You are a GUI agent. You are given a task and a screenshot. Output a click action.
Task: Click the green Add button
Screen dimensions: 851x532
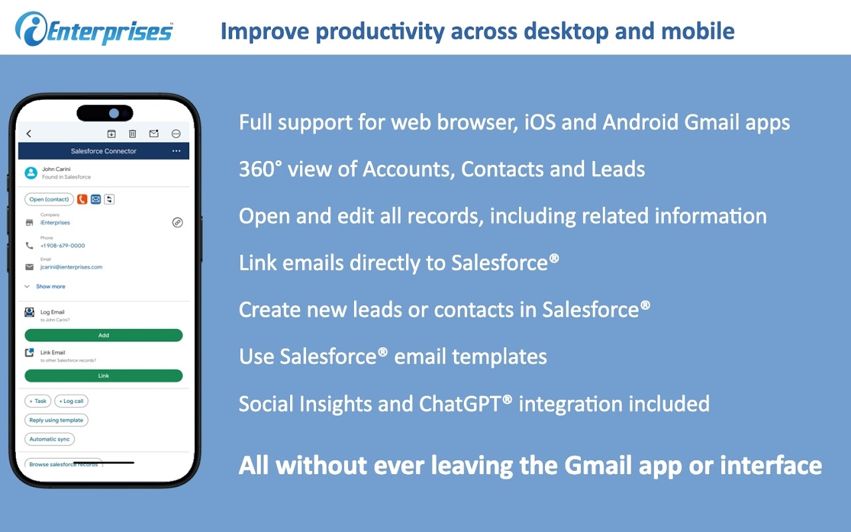tap(103, 335)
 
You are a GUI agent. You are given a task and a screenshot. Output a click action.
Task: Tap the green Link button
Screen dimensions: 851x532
tap(103, 376)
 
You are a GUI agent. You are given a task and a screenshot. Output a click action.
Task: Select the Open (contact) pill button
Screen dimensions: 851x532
tap(49, 199)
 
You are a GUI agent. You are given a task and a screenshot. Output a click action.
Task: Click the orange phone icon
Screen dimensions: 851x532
tap(82, 199)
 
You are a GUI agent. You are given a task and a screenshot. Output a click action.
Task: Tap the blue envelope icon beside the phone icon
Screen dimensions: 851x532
tap(96, 199)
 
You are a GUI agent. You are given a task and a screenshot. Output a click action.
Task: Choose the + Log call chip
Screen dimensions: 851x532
tap(71, 401)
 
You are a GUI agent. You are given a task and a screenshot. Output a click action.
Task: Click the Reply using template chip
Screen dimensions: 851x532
tap(57, 420)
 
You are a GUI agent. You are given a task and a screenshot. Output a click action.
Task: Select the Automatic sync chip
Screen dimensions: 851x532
tap(49, 439)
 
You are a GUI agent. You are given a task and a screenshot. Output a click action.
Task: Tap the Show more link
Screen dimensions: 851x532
tap(51, 287)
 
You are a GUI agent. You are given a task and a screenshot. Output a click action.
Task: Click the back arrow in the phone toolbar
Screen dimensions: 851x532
tap(29, 134)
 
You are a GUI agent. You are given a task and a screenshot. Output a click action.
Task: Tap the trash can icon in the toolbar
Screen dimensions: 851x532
tap(132, 134)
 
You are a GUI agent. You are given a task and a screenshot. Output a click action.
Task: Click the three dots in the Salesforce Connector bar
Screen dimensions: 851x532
tap(176, 151)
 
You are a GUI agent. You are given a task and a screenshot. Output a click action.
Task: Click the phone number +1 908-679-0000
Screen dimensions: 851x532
tap(63, 245)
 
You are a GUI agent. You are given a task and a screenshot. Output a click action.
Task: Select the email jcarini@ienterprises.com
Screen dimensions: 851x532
tap(71, 267)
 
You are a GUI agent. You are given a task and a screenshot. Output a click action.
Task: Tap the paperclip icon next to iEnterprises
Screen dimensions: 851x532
tap(178, 223)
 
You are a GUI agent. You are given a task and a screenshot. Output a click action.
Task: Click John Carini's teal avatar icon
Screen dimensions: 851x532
tap(31, 173)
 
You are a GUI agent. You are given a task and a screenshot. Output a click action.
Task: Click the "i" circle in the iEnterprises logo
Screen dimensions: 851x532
tap(31, 29)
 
